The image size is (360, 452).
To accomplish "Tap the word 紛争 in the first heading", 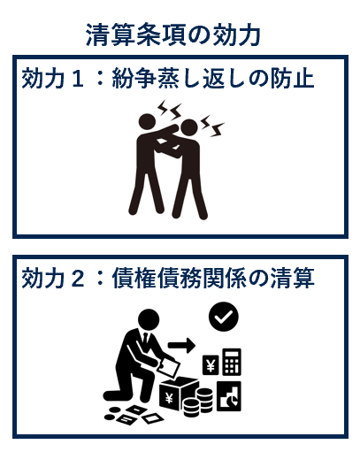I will pyautogui.click(x=129, y=80).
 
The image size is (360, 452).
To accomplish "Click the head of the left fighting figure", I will pyautogui.click(x=148, y=126).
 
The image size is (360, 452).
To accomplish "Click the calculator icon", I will pyautogui.click(x=232, y=362).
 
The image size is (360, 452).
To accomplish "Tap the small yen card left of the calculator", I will pyautogui.click(x=211, y=364).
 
